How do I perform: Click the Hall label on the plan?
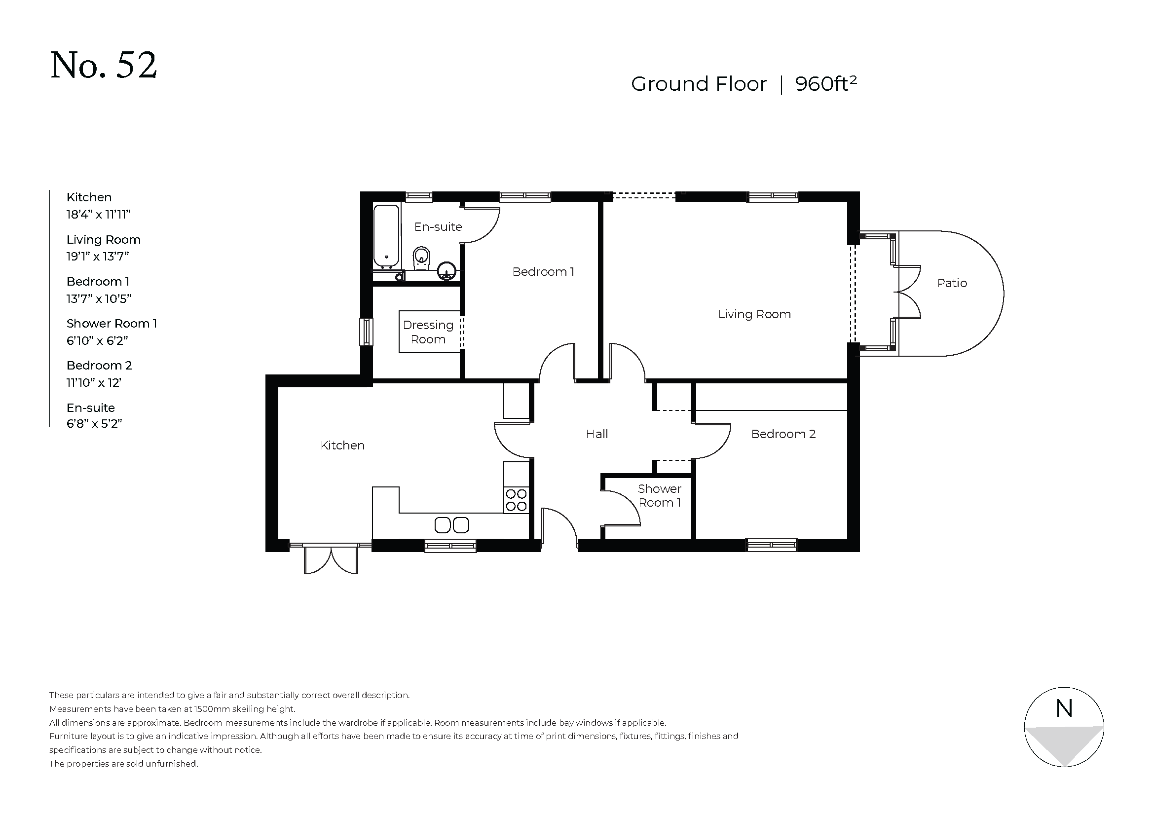(x=596, y=434)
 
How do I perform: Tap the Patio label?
(x=952, y=283)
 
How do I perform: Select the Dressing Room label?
(x=428, y=332)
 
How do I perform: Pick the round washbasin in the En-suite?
(x=447, y=271)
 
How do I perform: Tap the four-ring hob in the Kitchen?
(x=516, y=500)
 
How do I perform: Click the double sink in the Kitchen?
(x=452, y=525)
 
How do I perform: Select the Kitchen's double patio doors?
(x=331, y=559)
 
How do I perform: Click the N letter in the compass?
(x=1064, y=709)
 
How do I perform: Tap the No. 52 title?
(x=104, y=65)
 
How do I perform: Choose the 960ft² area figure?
(x=826, y=83)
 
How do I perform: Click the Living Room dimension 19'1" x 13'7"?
(x=98, y=257)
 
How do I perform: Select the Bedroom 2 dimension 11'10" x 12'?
(x=94, y=383)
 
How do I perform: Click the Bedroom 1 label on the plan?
(x=543, y=272)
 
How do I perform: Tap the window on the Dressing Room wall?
(x=367, y=332)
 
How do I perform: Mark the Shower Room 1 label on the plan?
(x=660, y=496)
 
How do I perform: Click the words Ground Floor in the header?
(x=699, y=84)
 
